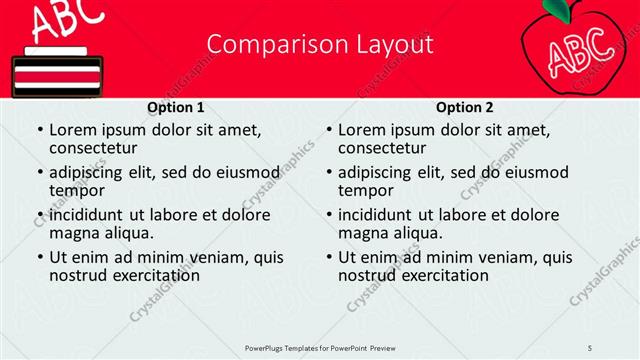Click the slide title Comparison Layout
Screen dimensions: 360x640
pos(320,45)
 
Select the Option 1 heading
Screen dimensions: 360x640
pos(176,107)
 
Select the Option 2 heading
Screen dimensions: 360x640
pos(465,107)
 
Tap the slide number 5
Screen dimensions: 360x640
pos(590,346)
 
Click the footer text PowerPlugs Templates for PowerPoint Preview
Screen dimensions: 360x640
pos(320,346)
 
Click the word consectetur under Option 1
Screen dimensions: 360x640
pos(97,148)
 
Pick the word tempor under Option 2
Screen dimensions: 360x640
pos(365,190)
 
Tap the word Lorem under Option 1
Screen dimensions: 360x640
pos(72,129)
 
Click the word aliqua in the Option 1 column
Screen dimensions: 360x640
pos(129,233)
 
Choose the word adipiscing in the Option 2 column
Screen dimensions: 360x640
pos(374,171)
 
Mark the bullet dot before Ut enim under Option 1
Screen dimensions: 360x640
pos(39,257)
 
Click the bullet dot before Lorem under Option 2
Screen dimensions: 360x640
pos(328,130)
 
